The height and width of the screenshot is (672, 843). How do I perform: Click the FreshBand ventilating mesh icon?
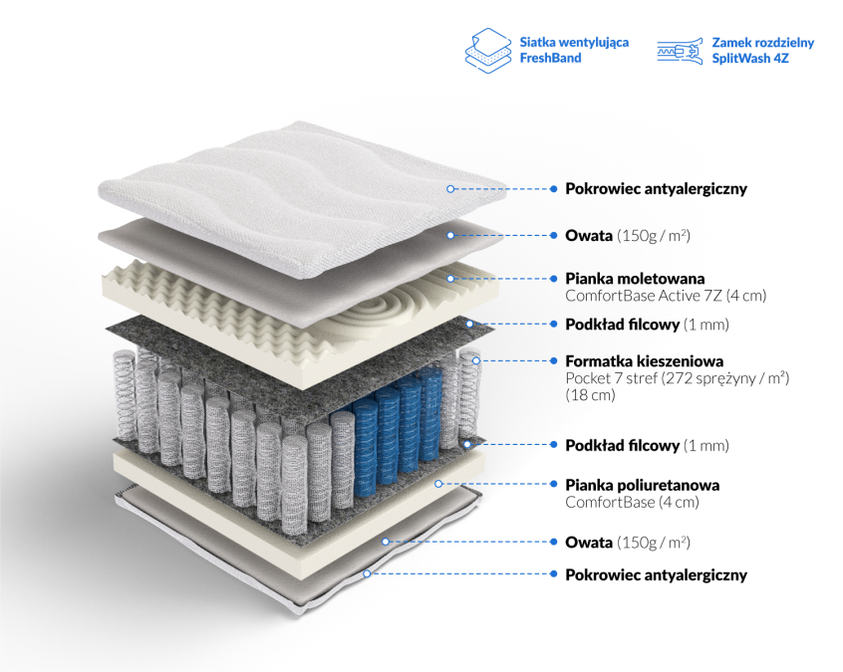pyautogui.click(x=488, y=51)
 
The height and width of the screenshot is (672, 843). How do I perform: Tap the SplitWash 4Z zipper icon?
pyautogui.click(x=680, y=51)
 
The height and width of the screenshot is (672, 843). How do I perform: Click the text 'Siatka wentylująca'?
pyautogui.click(x=574, y=43)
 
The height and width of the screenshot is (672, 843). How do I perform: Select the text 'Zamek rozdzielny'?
pyautogui.click(x=763, y=43)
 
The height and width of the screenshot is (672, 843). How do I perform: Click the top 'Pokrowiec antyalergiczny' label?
pyautogui.click(x=656, y=189)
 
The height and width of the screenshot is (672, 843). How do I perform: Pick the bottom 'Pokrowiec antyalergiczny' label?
pyautogui.click(x=656, y=575)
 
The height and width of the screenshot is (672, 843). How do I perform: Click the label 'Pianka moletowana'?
pyautogui.click(x=635, y=278)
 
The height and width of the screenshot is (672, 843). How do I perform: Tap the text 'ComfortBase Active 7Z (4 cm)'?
pyautogui.click(x=666, y=296)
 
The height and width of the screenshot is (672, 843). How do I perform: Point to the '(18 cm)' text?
pyautogui.click(x=590, y=395)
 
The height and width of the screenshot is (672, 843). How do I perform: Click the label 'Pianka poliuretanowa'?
pyautogui.click(x=642, y=485)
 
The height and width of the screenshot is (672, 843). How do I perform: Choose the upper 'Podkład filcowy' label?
pyautogui.click(x=623, y=325)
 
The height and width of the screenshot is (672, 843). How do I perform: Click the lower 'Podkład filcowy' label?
pyautogui.click(x=623, y=445)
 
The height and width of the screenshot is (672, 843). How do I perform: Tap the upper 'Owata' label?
pyautogui.click(x=589, y=235)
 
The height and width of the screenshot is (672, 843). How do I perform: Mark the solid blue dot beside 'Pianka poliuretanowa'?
pyautogui.click(x=554, y=484)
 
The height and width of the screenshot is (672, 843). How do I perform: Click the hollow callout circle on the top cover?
pyautogui.click(x=450, y=188)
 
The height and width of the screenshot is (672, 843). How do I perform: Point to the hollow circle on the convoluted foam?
pyautogui.click(x=450, y=278)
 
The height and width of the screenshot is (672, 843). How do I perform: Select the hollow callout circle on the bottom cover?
pyautogui.click(x=366, y=573)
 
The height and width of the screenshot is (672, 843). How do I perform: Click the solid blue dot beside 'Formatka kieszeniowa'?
pyautogui.click(x=554, y=360)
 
